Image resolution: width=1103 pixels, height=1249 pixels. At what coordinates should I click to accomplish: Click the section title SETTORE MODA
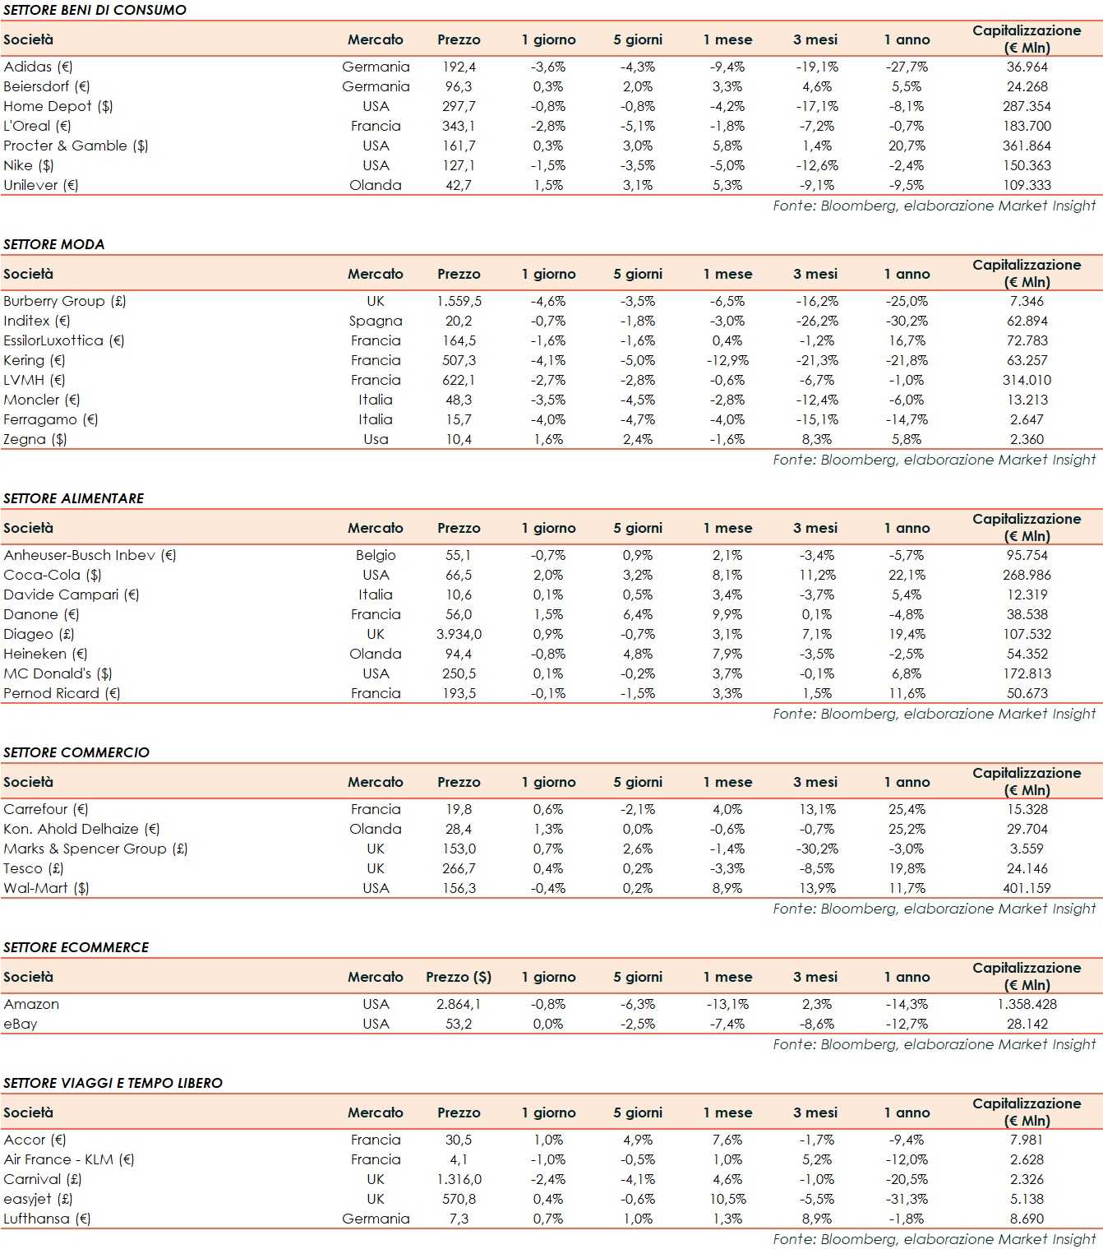tap(54, 244)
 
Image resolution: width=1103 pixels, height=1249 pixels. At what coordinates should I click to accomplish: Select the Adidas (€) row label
tap(38, 67)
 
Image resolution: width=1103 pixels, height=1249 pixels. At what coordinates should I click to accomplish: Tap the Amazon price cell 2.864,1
tap(459, 1004)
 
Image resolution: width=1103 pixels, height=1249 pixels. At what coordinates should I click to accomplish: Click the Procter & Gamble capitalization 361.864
tap(1027, 146)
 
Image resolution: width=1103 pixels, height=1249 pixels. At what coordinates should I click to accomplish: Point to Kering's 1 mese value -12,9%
tap(727, 360)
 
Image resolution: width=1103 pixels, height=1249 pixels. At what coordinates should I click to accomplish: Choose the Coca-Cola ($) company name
tap(53, 575)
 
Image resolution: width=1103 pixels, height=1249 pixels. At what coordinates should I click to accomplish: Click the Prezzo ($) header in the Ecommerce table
tap(459, 977)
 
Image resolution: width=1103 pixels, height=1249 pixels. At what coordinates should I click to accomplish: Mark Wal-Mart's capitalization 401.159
tap(1027, 888)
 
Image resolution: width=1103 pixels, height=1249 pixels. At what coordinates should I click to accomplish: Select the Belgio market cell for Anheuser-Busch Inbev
tap(376, 555)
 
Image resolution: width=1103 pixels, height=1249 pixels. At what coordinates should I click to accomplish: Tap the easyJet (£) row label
tap(38, 1199)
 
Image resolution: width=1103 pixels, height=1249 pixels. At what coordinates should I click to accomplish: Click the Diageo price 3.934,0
tap(459, 634)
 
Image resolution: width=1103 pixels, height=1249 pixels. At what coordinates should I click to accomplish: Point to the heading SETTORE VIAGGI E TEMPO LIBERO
tap(113, 1083)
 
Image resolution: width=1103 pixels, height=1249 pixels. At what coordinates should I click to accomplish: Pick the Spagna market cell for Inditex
tap(376, 321)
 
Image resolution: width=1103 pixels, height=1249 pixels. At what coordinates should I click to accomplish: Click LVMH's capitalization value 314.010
tap(1027, 380)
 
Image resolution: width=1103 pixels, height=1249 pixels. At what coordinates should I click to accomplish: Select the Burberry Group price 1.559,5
tap(459, 301)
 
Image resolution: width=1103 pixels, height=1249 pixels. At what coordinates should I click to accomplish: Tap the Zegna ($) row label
tap(35, 439)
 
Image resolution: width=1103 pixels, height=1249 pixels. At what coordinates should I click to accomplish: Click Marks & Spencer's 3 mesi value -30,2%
tap(817, 849)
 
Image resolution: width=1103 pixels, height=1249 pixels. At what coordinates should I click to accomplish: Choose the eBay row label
tap(21, 1024)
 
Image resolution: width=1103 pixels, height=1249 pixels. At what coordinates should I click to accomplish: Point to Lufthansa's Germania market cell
tap(376, 1219)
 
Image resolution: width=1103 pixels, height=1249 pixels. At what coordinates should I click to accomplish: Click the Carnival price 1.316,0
tap(459, 1179)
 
